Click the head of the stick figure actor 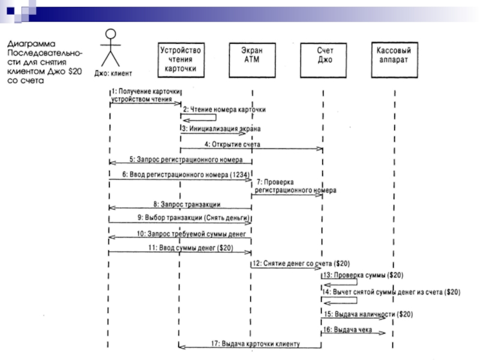[110, 34]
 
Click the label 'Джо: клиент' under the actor [113, 73]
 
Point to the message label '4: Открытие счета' [232, 144]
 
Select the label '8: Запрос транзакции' [187, 204]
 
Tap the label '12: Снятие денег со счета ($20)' [301, 263]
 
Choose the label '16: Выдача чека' [347, 329]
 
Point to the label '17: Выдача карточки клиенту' [256, 344]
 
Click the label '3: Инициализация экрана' [221, 129]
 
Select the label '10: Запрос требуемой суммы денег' [191, 234]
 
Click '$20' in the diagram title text [75, 71]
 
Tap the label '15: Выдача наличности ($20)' [368, 314]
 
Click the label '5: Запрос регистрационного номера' [186, 160]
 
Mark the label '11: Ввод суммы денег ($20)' [191, 248]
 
